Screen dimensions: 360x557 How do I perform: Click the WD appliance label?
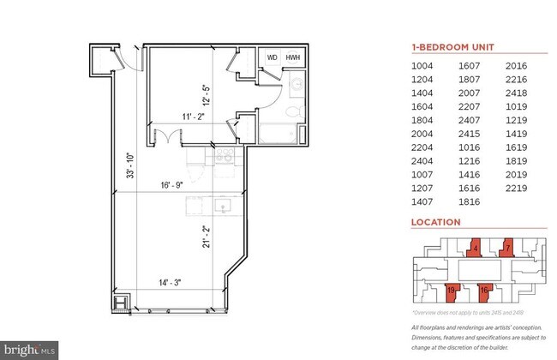click(x=273, y=57)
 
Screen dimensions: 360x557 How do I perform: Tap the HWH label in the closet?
click(x=293, y=57)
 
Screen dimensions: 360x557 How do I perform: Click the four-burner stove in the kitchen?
click(x=225, y=156)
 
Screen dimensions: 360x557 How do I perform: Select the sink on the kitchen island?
click(x=225, y=207)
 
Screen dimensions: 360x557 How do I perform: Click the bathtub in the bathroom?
click(x=280, y=135)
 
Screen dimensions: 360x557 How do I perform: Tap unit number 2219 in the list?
click(x=519, y=188)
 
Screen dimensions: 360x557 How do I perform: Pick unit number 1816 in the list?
click(x=467, y=201)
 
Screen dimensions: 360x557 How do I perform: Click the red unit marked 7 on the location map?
click(x=507, y=249)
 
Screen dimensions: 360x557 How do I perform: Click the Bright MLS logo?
click(x=30, y=349)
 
